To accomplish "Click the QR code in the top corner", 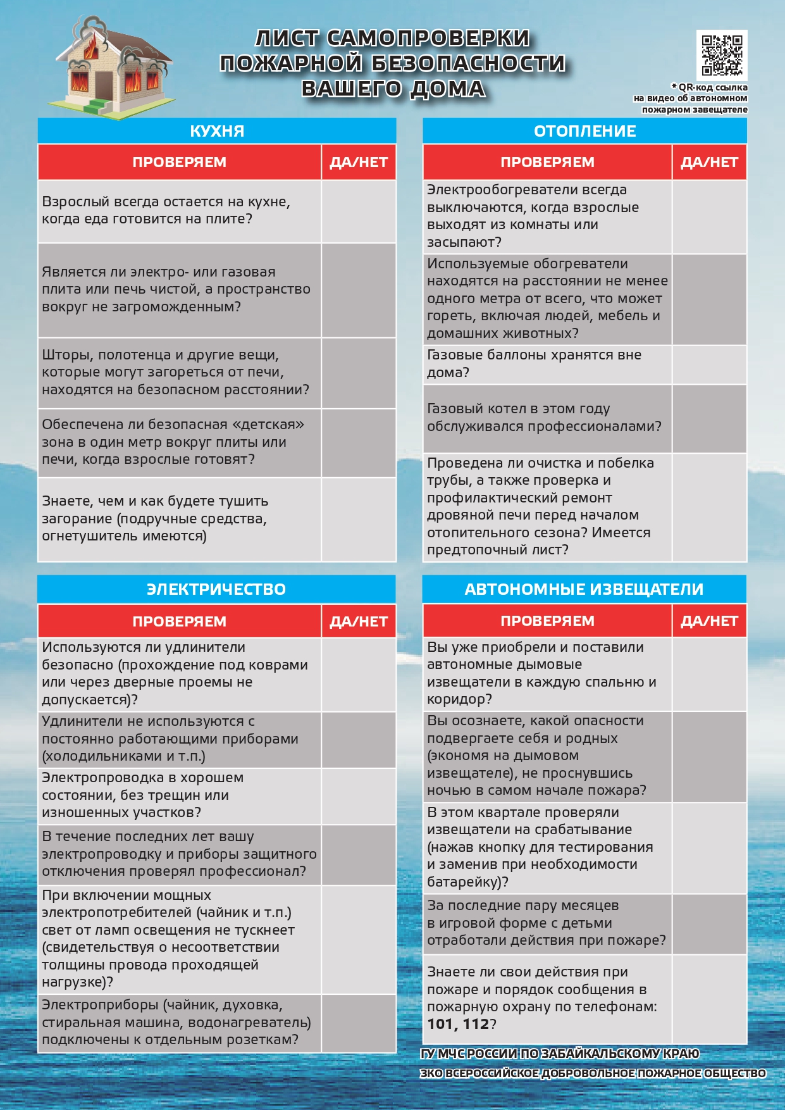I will [721, 55].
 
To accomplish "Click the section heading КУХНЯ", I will [217, 131].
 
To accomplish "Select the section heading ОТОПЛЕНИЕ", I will [584, 131].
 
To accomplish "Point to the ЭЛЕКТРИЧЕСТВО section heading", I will [216, 589].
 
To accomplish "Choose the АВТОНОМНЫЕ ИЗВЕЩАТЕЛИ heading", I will [584, 589].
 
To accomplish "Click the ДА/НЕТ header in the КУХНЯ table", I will [359, 163].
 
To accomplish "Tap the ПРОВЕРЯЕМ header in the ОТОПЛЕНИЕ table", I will [547, 163].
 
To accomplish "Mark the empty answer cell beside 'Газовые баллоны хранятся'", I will [709, 364].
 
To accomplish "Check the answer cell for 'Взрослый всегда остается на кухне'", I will [359, 211].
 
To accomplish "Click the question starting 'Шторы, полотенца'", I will [175, 372].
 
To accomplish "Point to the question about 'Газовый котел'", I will [544, 418].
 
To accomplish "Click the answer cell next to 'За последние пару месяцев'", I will [709, 923].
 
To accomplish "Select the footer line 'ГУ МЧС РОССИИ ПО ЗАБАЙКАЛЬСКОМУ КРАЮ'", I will [560, 1054].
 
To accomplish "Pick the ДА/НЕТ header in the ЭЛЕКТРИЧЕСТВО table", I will [359, 621].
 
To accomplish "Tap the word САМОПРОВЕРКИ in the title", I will [428, 39].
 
